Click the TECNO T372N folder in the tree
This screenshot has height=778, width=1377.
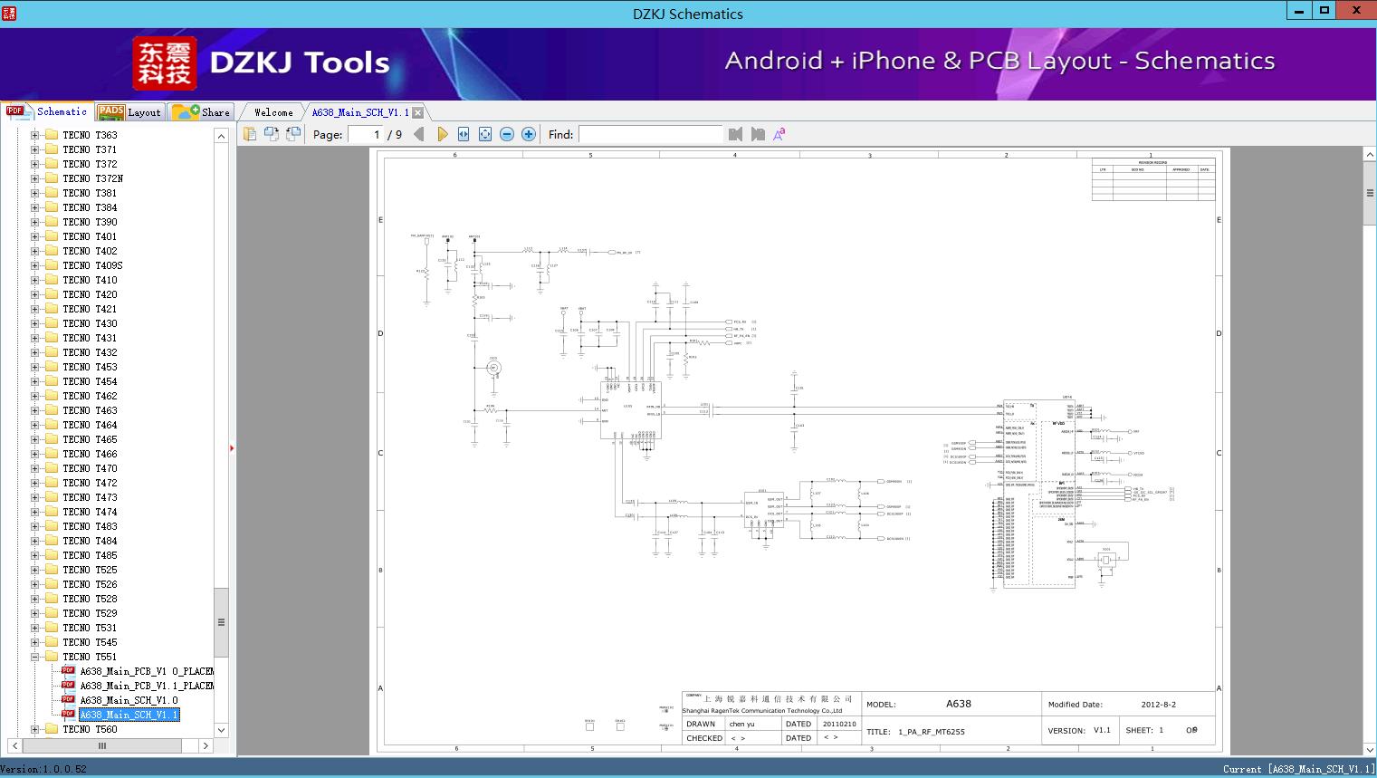pyautogui.click(x=92, y=178)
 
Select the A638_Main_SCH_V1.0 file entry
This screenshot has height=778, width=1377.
pyautogui.click(x=129, y=700)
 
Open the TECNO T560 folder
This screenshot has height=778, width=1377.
pyautogui.click(x=90, y=729)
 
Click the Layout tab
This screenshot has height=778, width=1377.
pyautogui.click(x=130, y=112)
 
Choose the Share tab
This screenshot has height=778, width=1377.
pyautogui.click(x=202, y=112)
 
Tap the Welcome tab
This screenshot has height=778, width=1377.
pyautogui.click(x=273, y=112)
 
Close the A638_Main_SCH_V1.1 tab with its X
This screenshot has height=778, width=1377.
pyautogui.click(x=417, y=112)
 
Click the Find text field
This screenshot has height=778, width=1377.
pyautogui.click(x=650, y=134)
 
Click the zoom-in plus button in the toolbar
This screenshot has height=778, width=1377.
pyautogui.click(x=529, y=134)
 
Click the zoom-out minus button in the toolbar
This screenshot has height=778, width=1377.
pyautogui.click(x=507, y=134)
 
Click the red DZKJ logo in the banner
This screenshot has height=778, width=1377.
pyautogui.click(x=165, y=63)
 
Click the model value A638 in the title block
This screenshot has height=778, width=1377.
pyautogui.click(x=958, y=704)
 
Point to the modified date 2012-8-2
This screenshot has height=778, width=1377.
pyautogui.click(x=1158, y=705)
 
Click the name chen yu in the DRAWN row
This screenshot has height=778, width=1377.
pyautogui.click(x=741, y=725)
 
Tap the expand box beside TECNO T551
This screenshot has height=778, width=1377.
pyautogui.click(x=34, y=657)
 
